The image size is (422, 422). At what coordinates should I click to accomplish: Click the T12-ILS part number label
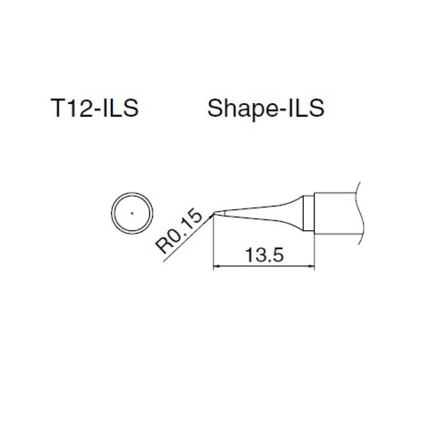[x=95, y=108]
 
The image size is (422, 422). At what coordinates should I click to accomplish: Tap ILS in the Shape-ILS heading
[x=306, y=108]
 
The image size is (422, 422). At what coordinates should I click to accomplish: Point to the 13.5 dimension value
[x=264, y=255]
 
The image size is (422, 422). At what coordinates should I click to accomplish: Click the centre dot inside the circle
[x=132, y=213]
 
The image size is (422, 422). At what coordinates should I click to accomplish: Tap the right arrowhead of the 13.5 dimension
[x=312, y=266]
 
